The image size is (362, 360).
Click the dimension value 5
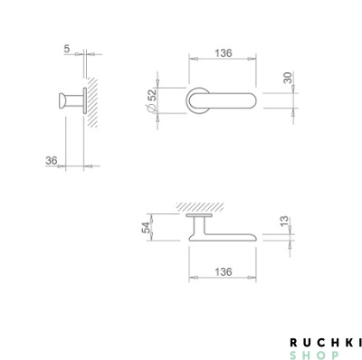[67, 49]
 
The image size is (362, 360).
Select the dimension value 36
[52, 161]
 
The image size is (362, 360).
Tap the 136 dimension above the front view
[224, 53]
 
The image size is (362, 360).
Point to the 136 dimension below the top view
[224, 272]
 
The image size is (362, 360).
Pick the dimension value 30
[289, 78]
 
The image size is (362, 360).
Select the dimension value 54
[146, 228]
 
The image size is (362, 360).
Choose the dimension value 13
[284, 222]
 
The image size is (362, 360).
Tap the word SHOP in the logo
[314, 355]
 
